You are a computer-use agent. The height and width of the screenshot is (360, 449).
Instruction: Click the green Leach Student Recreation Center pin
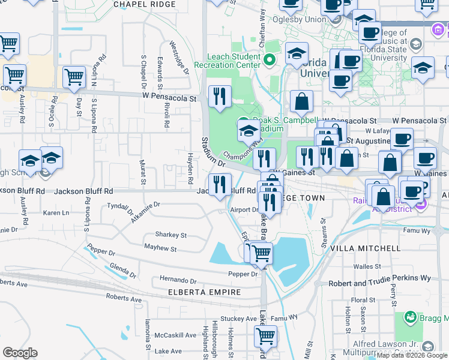click(270, 59)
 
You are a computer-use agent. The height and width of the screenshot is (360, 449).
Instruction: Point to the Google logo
click(20, 353)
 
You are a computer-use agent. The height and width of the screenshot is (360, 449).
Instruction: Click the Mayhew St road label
click(160, 248)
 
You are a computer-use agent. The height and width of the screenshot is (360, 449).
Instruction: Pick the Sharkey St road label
click(171, 235)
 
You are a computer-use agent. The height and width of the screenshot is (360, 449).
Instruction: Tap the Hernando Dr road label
click(178, 280)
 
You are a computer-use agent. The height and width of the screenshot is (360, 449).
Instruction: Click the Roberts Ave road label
click(124, 298)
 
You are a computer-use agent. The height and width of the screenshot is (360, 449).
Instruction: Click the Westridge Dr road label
click(179, 58)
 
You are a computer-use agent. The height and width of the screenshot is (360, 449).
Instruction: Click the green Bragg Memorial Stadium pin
click(411, 316)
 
